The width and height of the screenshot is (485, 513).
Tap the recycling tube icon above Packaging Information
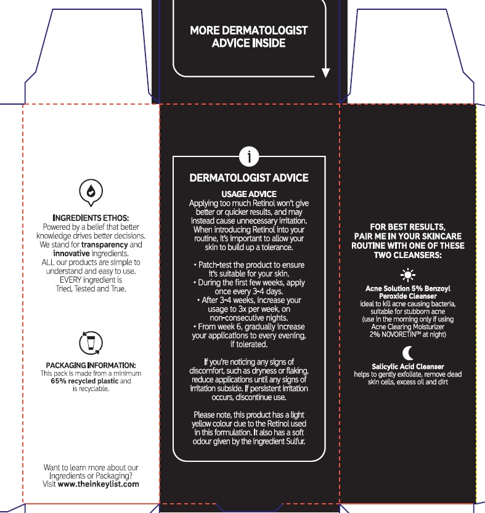91,342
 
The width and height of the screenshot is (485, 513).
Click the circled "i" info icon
249,158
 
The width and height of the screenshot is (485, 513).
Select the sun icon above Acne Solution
407,275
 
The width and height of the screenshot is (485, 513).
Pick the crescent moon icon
407,353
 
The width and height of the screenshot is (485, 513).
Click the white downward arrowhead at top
326,73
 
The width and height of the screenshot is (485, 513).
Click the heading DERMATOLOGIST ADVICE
248,178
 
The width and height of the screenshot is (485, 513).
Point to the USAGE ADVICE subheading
248,194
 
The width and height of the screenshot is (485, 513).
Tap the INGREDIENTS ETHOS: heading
91,218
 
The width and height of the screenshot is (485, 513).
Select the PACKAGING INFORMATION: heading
91,365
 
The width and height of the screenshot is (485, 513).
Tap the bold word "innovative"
72,252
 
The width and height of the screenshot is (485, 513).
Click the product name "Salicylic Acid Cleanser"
407,366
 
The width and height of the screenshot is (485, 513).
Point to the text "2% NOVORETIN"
393,334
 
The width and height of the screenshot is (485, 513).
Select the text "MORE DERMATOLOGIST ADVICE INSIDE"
248,36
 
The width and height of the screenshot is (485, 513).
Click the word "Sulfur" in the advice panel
293,442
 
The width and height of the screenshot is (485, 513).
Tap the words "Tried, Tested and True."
91,288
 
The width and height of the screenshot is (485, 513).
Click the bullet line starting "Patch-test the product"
248,264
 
